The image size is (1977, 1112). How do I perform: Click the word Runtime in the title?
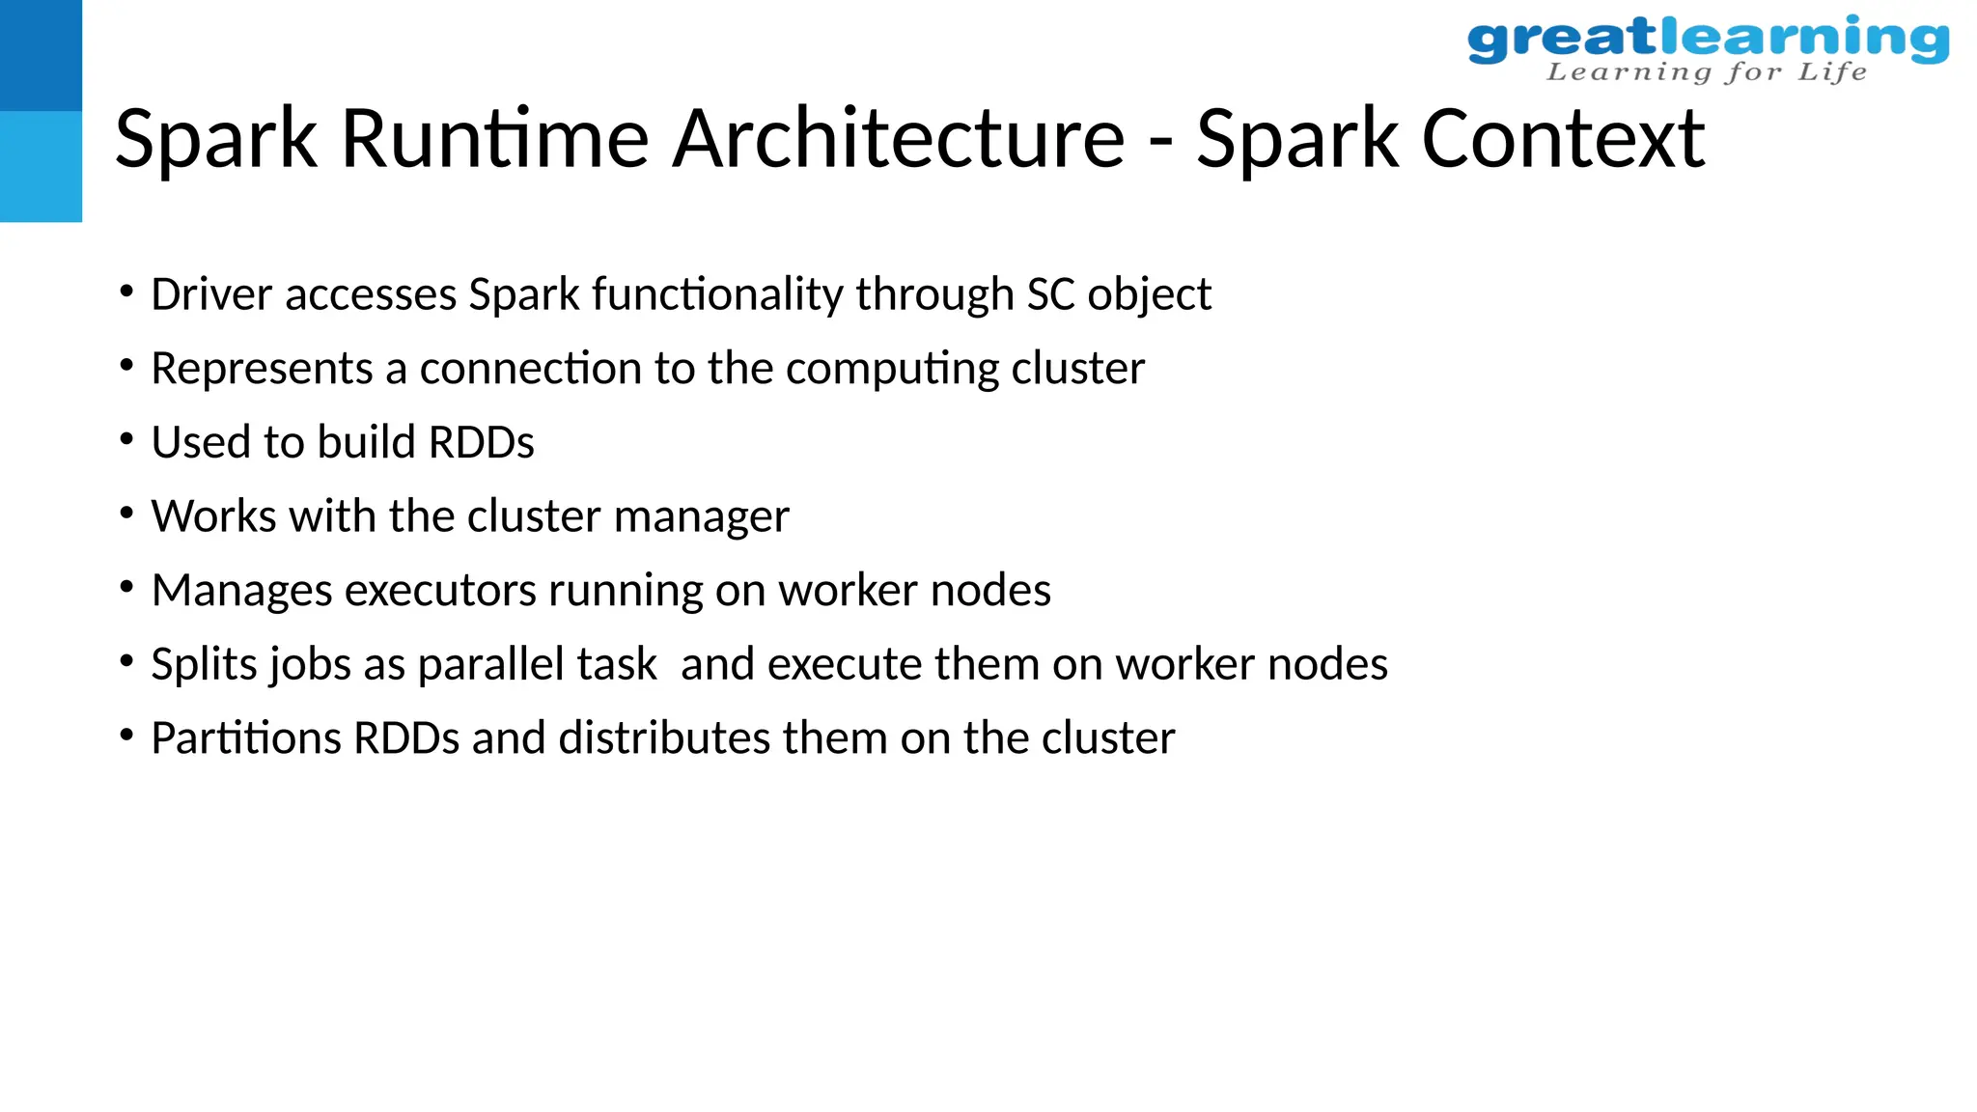click(x=494, y=139)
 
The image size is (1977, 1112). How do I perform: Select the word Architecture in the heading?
click(x=899, y=139)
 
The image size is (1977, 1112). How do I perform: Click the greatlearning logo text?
click(x=1708, y=39)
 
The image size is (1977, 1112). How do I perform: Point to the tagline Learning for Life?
click(x=1707, y=72)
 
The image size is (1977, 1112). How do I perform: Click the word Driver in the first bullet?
click(x=211, y=294)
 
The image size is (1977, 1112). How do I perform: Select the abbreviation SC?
click(x=1050, y=294)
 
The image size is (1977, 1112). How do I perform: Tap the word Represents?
click(x=262, y=369)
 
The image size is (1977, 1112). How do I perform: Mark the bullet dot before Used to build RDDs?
click(x=126, y=439)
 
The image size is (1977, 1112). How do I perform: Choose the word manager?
click(x=701, y=517)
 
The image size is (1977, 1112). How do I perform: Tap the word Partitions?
click(x=246, y=738)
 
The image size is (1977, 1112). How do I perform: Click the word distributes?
click(x=664, y=738)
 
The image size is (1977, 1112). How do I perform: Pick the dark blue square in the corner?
click(x=41, y=55)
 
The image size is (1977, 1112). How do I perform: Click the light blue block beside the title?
click(x=41, y=166)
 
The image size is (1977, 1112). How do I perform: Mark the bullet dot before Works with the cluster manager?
click(x=126, y=514)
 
